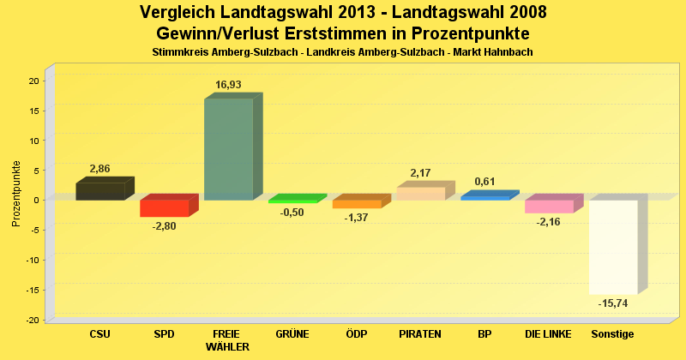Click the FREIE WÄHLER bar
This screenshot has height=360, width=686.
(x=228, y=149)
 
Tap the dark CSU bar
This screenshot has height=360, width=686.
(x=99, y=191)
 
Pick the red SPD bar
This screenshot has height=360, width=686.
(x=164, y=208)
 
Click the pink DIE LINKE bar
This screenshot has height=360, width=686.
(x=549, y=206)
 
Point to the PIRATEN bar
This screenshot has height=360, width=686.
(x=420, y=193)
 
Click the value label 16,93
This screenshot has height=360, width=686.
(x=230, y=85)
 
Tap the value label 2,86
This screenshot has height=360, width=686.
(x=99, y=169)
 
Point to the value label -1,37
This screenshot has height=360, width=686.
(x=356, y=219)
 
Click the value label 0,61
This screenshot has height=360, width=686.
(x=484, y=182)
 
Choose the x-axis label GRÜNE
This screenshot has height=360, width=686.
(x=292, y=333)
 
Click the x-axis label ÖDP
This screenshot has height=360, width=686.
(x=356, y=333)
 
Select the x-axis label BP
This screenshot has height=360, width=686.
(x=484, y=333)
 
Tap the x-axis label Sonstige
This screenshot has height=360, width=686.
(x=612, y=333)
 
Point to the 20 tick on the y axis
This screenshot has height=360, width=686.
(x=33, y=81)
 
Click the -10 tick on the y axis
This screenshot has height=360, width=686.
(x=32, y=260)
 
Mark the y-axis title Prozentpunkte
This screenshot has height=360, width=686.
(x=16, y=194)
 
